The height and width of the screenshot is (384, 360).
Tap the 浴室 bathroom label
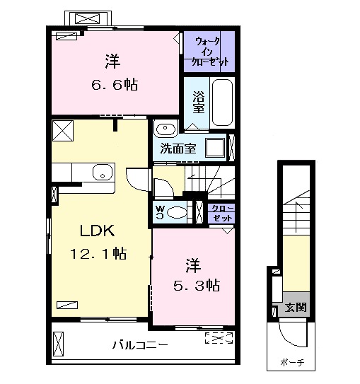199,103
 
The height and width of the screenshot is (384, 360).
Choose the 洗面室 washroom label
178,149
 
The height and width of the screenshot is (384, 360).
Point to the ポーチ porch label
291,363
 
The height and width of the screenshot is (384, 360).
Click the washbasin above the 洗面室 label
166,129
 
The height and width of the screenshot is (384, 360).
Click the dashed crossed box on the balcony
218,337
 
